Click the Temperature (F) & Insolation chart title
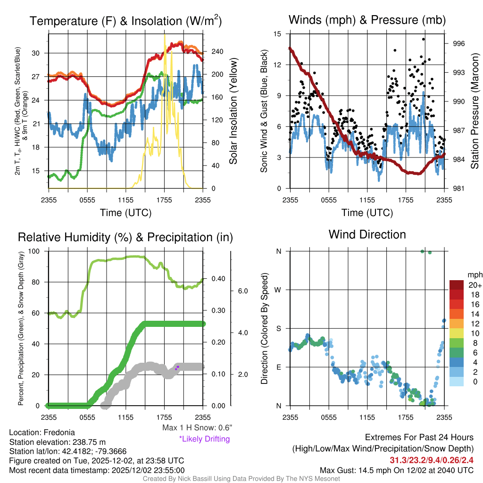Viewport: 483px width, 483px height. point(125,21)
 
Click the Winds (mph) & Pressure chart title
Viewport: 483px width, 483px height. point(367,20)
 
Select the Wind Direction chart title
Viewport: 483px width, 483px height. point(367,234)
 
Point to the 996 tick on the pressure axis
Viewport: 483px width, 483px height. point(459,43)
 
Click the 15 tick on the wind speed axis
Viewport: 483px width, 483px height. point(277,34)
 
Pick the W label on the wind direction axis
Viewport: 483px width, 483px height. point(279,290)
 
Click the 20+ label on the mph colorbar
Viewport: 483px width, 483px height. point(475,285)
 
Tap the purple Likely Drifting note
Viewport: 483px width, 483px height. point(204,439)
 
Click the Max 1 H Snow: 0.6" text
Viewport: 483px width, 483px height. point(197,428)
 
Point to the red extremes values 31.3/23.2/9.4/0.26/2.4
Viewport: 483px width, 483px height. point(432,460)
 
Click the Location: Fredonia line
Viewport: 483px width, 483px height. point(42,433)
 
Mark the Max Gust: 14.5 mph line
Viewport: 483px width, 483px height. point(396,470)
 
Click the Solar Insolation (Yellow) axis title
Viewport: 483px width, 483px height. point(233,111)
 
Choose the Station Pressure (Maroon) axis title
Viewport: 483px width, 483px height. point(475,111)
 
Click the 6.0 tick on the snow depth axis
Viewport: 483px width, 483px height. point(243,291)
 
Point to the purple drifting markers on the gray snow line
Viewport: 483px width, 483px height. point(177,367)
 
